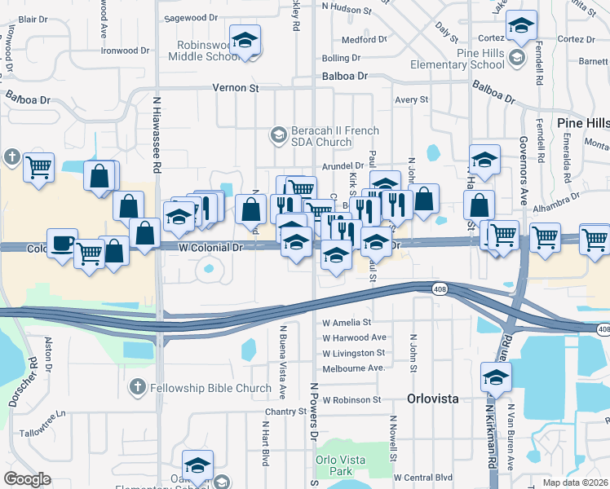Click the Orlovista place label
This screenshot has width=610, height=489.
click(x=433, y=399)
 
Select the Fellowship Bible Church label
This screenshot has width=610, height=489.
click(x=210, y=388)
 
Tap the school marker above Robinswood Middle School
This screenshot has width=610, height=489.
click(x=244, y=41)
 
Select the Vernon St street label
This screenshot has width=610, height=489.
click(x=235, y=87)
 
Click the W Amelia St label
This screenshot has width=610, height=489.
click(x=347, y=323)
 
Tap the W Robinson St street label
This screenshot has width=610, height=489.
click(x=351, y=400)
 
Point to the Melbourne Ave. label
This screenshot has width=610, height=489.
click(x=352, y=368)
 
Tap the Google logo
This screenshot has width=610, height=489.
click(x=28, y=479)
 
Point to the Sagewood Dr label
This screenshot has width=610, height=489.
click(x=192, y=16)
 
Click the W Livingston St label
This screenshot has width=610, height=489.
click(x=353, y=353)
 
